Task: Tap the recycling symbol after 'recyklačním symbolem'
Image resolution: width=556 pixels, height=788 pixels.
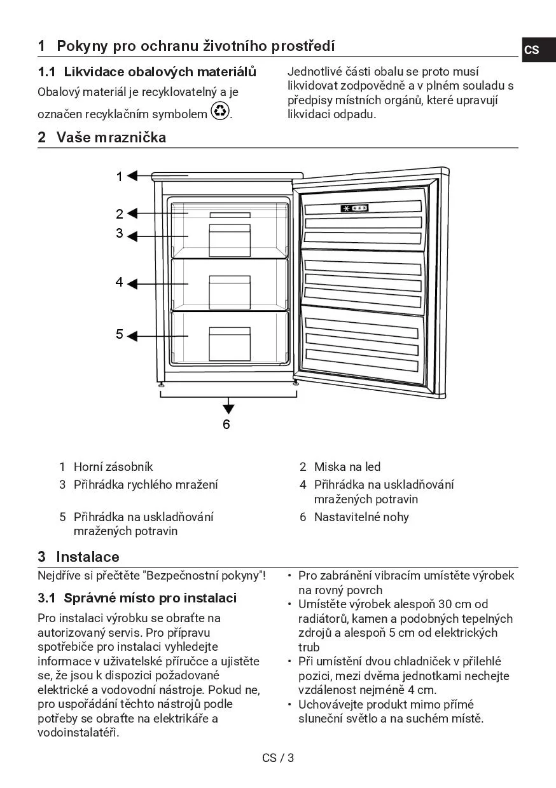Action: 220,112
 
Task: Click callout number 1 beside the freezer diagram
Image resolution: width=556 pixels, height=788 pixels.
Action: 119,177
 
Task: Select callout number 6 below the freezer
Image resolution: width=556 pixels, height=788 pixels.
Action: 226,424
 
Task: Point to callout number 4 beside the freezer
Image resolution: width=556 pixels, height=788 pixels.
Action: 119,282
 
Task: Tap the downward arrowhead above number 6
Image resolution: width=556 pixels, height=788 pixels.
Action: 228,409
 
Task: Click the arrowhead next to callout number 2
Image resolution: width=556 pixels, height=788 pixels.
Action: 132,214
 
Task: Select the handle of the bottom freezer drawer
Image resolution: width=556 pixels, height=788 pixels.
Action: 230,330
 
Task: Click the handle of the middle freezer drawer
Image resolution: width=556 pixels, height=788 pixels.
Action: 230,279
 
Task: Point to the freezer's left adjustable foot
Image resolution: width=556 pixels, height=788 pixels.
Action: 162,383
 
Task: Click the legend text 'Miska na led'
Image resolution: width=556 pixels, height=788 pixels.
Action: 347,467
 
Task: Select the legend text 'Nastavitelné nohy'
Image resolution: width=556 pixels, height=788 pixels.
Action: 361,517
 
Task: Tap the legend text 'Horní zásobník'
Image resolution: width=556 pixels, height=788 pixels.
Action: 113,467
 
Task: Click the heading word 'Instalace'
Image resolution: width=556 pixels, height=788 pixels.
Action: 87,557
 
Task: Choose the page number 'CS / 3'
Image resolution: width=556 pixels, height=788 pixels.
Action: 278,757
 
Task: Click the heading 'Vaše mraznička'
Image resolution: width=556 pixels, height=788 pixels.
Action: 111,137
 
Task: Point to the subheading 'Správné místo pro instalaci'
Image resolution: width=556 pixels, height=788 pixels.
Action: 150,598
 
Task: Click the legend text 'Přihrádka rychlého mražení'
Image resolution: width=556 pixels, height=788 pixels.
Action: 146,485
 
